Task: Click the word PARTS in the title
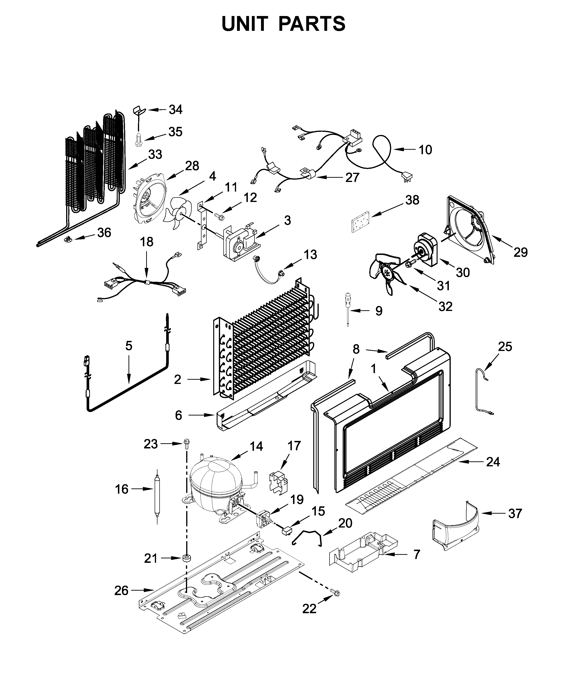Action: [x=312, y=24]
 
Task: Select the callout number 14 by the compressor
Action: [x=256, y=447]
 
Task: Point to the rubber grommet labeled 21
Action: [x=186, y=558]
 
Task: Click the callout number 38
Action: [x=412, y=200]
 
